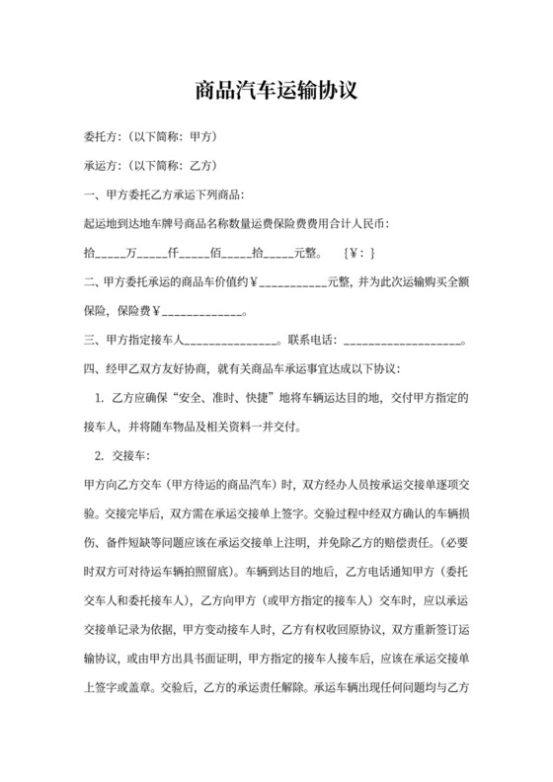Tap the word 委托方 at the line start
pos(102,135)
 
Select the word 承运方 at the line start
pos(102,164)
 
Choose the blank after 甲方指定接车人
pos(233,343)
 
